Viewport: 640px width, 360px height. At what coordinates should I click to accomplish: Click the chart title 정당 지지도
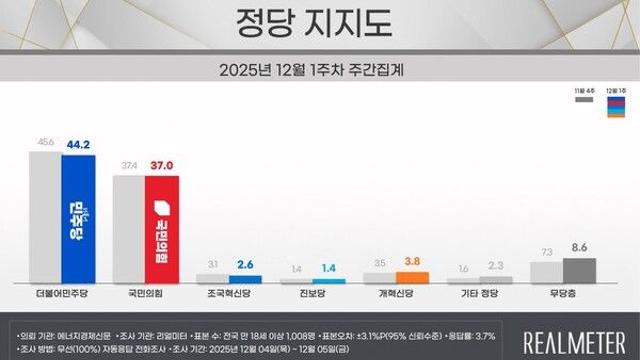coord(319,21)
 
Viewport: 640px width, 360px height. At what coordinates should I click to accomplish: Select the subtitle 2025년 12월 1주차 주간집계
coord(319,71)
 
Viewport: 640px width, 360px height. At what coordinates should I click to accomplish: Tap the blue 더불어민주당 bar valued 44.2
coord(78,220)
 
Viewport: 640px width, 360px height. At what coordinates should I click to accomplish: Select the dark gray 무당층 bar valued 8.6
coord(580,271)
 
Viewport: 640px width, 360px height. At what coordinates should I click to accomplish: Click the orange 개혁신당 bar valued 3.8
coord(412,277)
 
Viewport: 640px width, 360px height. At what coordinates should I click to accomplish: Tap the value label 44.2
coord(78,144)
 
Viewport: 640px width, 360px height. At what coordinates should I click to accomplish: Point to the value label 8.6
coord(580,247)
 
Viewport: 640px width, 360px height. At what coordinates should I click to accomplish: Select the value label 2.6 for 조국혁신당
coord(245,265)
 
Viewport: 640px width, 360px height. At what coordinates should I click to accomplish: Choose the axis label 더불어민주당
coord(62,298)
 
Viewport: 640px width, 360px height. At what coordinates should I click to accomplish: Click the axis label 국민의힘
coord(146,298)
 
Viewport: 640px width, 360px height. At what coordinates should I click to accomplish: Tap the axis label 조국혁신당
coord(229,298)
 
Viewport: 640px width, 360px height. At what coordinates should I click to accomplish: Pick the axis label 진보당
coord(312,298)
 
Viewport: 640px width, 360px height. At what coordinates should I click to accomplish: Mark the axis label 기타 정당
coord(479,298)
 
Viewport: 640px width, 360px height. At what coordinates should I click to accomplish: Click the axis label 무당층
coord(563,298)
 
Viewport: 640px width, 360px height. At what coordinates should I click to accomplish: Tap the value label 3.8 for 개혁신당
coord(413,262)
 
